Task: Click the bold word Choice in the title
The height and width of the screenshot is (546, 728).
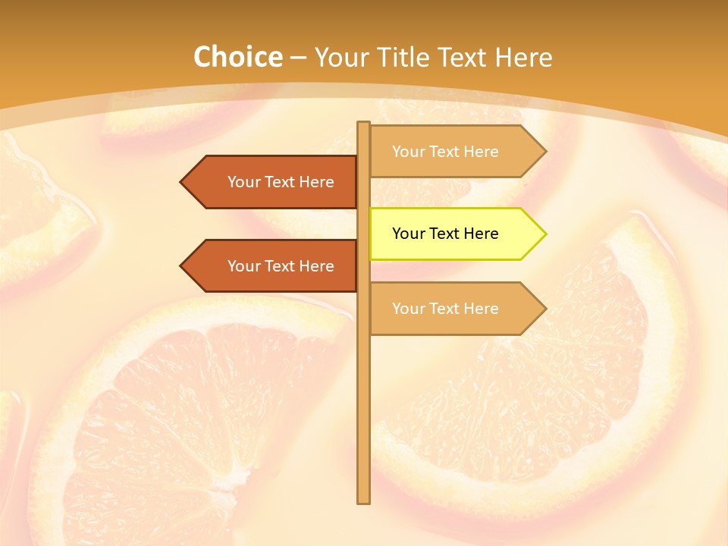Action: click(237, 58)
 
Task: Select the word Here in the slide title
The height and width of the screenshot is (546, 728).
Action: click(524, 58)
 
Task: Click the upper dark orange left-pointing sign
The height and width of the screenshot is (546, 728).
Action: click(273, 182)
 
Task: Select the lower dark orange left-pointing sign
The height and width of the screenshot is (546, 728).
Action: click(273, 266)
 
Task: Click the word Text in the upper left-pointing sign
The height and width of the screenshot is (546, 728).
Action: click(281, 182)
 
